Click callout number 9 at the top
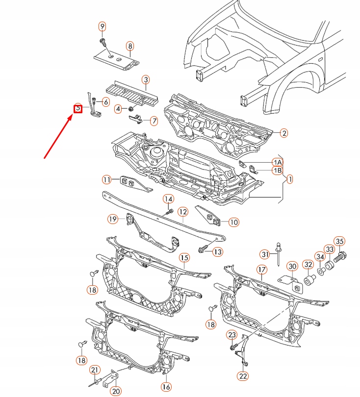point(103,26)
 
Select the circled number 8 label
point(130,47)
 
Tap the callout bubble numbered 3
point(146,79)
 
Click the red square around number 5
point(77,109)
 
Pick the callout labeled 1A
point(278,162)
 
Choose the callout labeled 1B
point(278,171)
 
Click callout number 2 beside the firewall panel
point(284,132)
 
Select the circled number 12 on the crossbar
point(183,212)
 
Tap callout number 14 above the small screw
point(168,199)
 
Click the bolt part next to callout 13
point(202,250)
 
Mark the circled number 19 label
point(113,219)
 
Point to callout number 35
point(339,241)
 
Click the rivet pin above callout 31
point(278,244)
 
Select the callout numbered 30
point(292,267)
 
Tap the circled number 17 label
point(261,270)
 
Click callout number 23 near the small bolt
point(232,335)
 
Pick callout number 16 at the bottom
point(166,387)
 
